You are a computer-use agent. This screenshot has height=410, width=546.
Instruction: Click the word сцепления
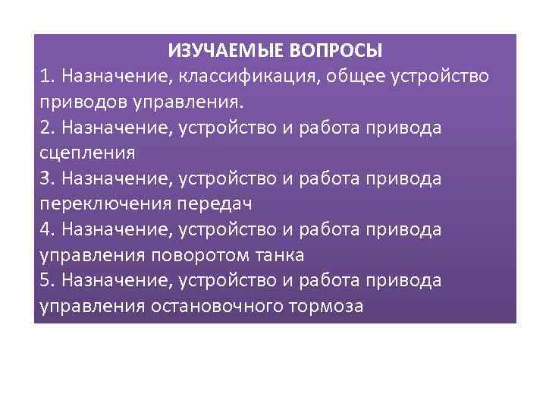[87, 153]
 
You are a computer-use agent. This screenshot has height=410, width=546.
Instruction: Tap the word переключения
[105, 203]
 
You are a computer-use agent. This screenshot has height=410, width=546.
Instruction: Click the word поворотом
[194, 254]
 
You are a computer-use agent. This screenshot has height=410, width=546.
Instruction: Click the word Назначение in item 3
[118, 178]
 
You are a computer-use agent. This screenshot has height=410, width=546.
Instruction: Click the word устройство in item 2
[227, 128]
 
